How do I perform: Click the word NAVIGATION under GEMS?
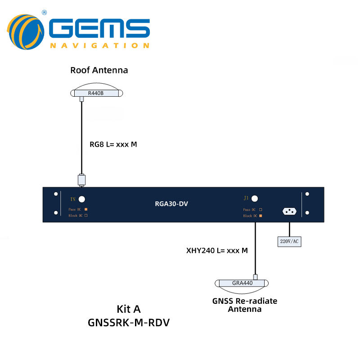click(x=99, y=45)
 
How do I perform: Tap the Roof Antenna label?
click(x=99, y=70)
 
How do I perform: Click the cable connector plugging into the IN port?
click(x=81, y=179)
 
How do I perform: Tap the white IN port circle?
click(x=82, y=199)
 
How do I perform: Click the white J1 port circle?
click(x=255, y=198)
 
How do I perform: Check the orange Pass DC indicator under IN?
click(x=85, y=210)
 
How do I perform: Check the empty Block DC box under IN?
click(x=85, y=216)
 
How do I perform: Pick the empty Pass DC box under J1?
click(x=260, y=210)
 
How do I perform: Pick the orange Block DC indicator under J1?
click(x=260, y=216)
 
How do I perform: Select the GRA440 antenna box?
click(x=242, y=283)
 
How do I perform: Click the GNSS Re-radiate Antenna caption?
click(x=244, y=305)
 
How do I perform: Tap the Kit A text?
click(x=129, y=309)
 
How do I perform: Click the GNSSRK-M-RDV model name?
click(x=129, y=323)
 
